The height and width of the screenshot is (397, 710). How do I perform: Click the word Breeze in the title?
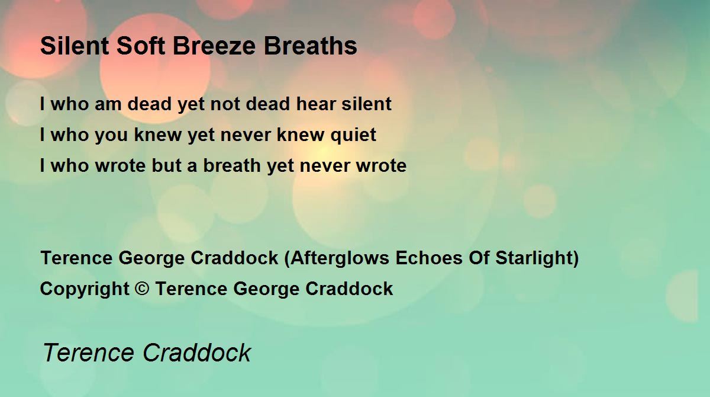[x=214, y=46]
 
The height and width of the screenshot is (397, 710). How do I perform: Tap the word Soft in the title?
[x=141, y=46]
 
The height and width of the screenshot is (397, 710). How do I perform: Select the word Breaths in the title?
[x=310, y=46]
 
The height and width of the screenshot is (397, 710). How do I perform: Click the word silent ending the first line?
[x=366, y=104]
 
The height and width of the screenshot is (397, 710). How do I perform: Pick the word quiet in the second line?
[x=353, y=135]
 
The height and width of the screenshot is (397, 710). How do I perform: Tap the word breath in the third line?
[x=232, y=165]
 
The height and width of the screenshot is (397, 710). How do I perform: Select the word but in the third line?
[x=166, y=165]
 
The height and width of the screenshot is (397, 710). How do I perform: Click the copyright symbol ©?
[x=142, y=289]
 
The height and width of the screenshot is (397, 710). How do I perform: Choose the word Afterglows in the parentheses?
[x=340, y=258]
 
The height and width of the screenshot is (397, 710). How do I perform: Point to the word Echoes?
[x=429, y=258]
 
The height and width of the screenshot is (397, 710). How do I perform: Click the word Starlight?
[x=534, y=258]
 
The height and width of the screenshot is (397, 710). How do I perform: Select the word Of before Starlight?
[x=479, y=258]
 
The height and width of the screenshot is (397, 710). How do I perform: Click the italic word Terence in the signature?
[x=88, y=353]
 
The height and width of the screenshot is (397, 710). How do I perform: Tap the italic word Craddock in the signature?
[x=197, y=353]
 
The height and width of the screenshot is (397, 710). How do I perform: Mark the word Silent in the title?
[x=75, y=46]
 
